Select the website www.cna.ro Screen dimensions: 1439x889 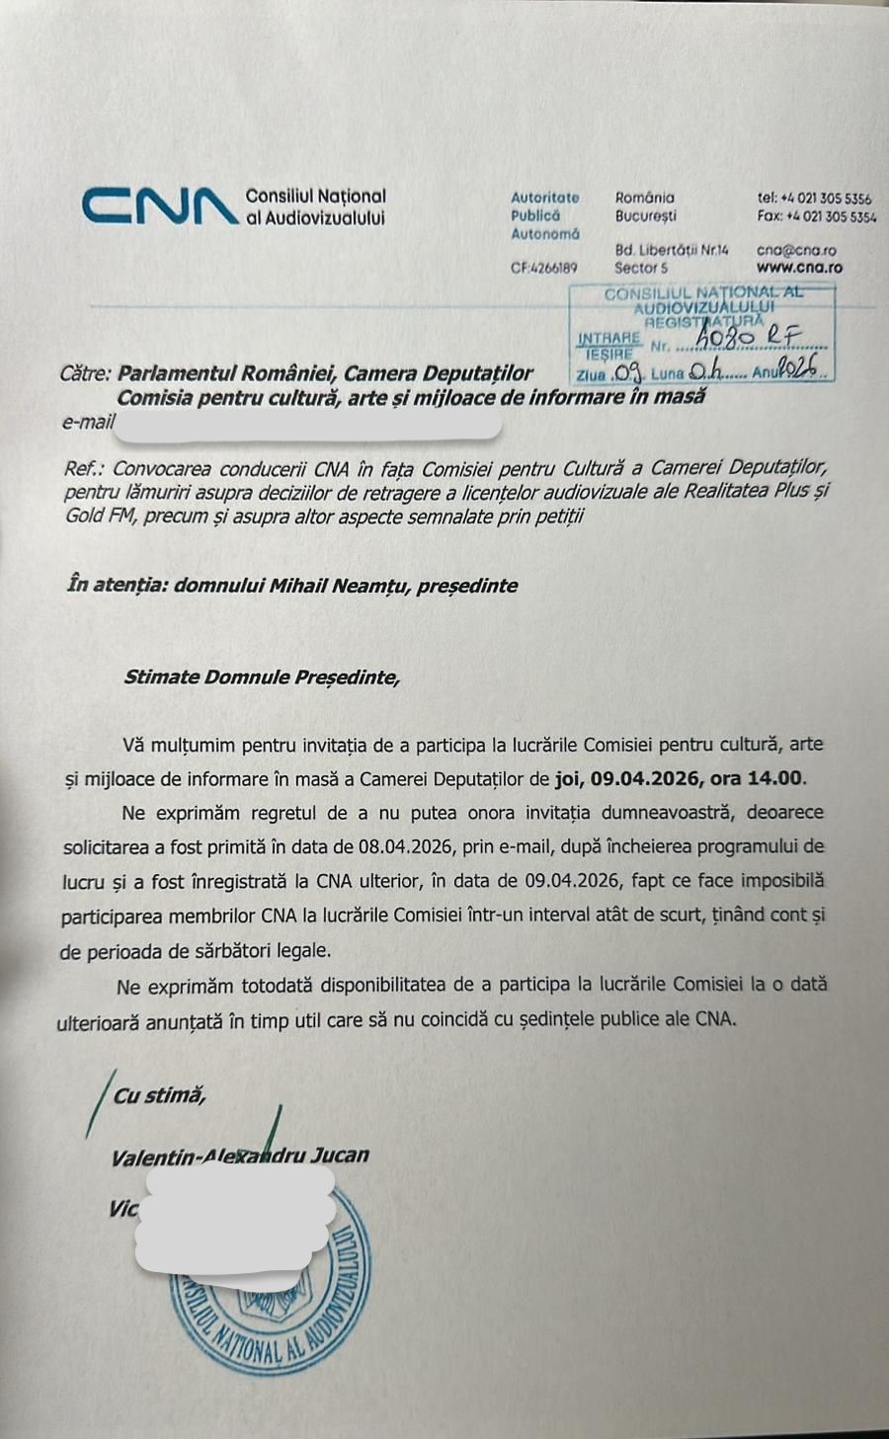tap(799, 267)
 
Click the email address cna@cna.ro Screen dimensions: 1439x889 tap(796, 251)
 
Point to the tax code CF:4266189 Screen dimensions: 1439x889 tap(543, 268)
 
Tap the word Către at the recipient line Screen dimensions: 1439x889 tap(85, 373)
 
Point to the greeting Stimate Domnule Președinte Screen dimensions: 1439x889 tap(262, 678)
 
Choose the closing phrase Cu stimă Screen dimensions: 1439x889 tap(159, 1095)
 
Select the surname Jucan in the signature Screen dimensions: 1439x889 tap(340, 1155)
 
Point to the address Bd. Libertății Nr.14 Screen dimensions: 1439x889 tap(672, 251)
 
